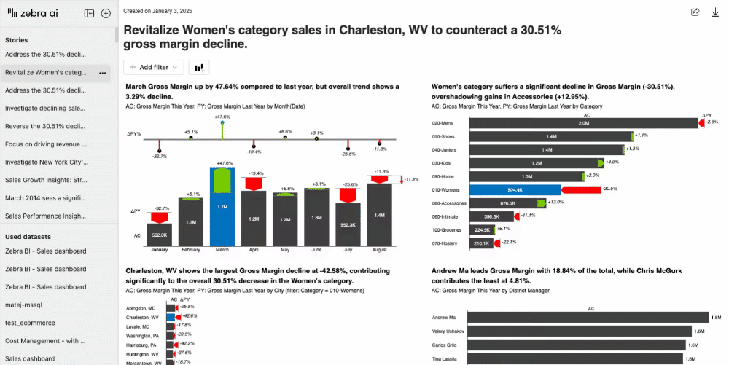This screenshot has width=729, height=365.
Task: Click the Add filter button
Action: click(153, 67)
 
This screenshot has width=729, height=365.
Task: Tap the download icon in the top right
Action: click(715, 12)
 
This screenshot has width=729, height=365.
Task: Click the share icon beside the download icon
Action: click(695, 12)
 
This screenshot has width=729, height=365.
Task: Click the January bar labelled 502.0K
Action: click(158, 235)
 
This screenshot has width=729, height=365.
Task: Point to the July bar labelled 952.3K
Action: click(347, 225)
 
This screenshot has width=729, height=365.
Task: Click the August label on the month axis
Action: click(378, 250)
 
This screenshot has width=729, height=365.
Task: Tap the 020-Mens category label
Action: click(443, 123)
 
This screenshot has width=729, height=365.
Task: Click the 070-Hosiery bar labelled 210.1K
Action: click(481, 243)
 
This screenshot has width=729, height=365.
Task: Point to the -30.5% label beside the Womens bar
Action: click(610, 189)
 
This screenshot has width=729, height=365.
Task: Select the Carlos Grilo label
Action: click(445, 345)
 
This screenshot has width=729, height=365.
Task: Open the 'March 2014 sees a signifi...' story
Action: click(46, 197)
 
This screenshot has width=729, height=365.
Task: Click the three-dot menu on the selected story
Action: click(103, 73)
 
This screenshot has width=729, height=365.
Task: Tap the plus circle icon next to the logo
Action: click(106, 13)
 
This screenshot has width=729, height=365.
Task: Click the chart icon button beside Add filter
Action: click(198, 67)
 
